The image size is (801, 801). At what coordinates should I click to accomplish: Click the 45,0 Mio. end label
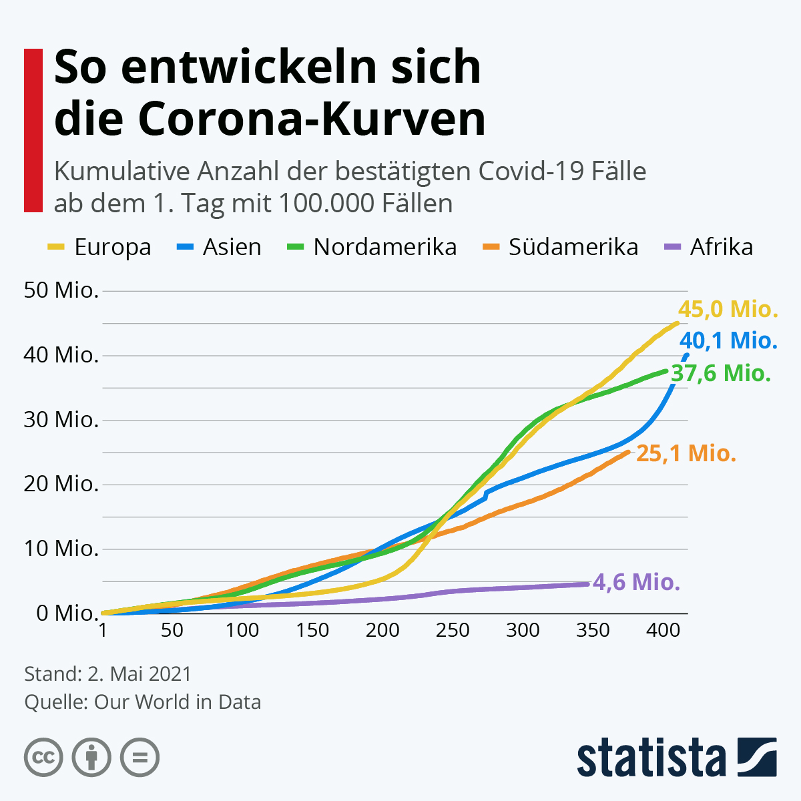point(728,310)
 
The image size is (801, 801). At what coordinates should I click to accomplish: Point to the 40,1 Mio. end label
point(729,341)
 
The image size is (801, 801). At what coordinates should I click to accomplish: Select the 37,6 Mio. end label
point(721,373)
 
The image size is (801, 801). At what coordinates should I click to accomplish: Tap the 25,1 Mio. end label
point(686,454)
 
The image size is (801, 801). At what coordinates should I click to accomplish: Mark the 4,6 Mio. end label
point(636,582)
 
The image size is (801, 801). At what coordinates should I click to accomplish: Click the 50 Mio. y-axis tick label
point(61,290)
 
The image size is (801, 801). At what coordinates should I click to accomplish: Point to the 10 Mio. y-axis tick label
point(61,549)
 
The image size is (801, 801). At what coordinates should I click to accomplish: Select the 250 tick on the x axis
point(453,630)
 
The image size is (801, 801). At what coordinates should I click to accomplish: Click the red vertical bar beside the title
point(33,130)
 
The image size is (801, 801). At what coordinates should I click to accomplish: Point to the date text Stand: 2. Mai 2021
point(107,674)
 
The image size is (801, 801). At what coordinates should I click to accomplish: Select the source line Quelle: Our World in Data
point(142,702)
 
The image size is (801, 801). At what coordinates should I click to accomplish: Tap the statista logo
point(676,758)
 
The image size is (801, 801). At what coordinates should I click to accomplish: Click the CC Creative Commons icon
point(43,758)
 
